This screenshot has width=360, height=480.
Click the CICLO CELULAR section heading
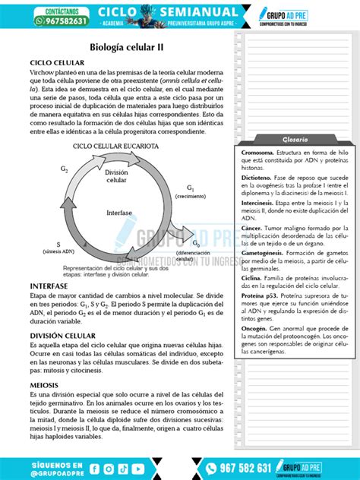56,62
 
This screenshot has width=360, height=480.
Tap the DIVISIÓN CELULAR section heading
62,335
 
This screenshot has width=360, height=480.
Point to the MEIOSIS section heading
44,385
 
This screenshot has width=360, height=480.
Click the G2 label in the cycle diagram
65,169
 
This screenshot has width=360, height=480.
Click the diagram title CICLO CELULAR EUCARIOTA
115,145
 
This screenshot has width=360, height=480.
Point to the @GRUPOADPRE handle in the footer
56,471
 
